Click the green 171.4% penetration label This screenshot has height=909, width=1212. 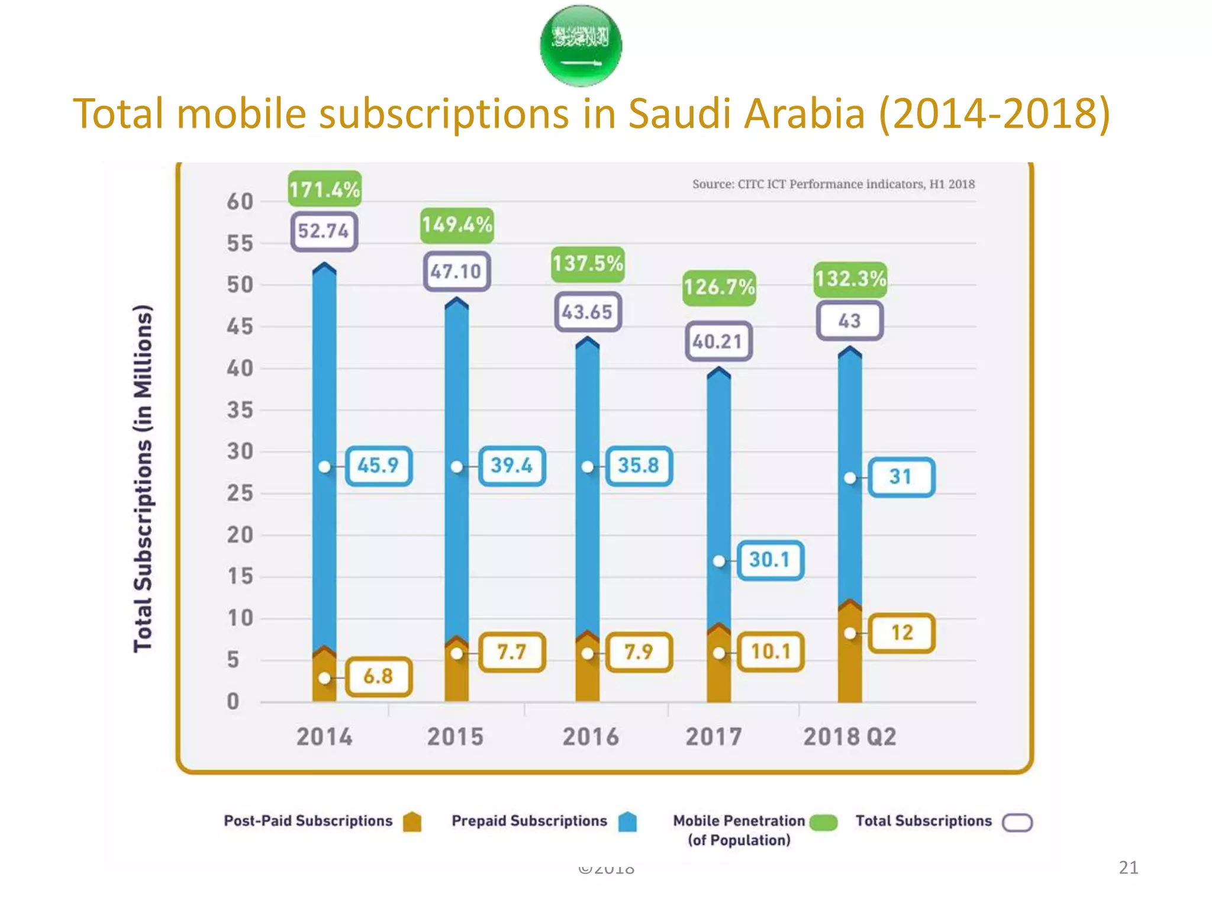(x=324, y=189)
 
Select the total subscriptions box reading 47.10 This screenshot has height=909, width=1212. (x=456, y=272)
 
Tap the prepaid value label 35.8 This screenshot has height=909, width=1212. (x=639, y=466)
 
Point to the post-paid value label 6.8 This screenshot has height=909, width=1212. (x=378, y=676)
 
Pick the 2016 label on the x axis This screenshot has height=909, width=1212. (x=590, y=737)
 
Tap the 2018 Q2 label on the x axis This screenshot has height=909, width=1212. (x=849, y=737)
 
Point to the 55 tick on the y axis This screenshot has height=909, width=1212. (x=240, y=244)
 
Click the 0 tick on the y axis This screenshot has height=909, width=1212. (x=233, y=702)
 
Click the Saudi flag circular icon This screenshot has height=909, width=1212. (x=581, y=46)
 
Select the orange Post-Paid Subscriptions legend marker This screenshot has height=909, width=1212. (x=412, y=822)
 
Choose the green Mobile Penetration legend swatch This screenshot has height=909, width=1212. (x=823, y=823)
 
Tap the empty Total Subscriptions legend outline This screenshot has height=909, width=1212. (x=1017, y=823)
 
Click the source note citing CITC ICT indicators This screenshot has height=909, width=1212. (x=833, y=185)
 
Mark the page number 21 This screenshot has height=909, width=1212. (x=1128, y=868)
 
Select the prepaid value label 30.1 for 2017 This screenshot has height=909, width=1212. (x=770, y=560)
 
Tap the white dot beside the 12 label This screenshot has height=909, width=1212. (x=850, y=634)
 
